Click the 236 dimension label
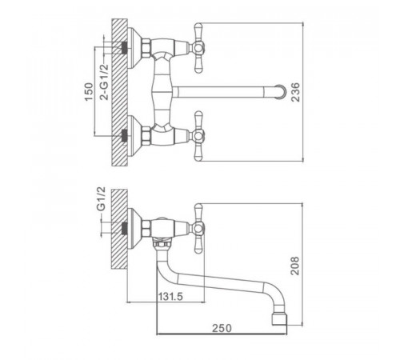pyautogui.click(x=295, y=92)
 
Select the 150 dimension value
pyautogui.click(x=90, y=92)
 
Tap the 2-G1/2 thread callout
pyautogui.click(x=105, y=82)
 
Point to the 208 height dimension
pyautogui.click(x=295, y=266)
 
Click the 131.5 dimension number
pyautogui.click(x=170, y=296)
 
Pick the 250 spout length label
pyautogui.click(x=222, y=328)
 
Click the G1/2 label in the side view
pyautogui.click(x=102, y=199)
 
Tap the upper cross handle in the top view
pyautogui.click(x=198, y=48)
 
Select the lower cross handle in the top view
pyautogui.click(x=198, y=136)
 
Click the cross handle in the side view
pyautogui.click(x=198, y=228)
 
